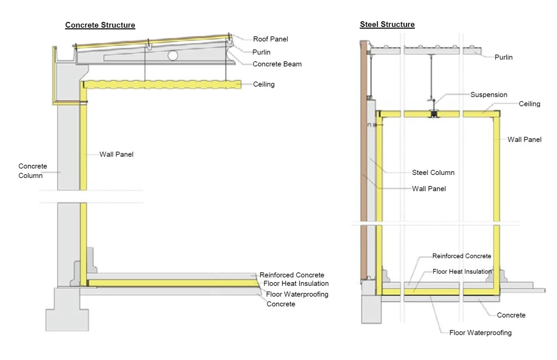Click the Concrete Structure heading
click(100, 25)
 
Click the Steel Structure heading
click(387, 24)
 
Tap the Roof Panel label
click(270, 39)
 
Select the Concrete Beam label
click(277, 64)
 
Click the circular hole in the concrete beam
click(173, 55)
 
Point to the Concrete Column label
click(33, 171)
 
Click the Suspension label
click(488, 95)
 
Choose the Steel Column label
click(433, 173)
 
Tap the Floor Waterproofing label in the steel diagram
click(480, 333)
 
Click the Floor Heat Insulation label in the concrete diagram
click(296, 284)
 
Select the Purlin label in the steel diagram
click(503, 57)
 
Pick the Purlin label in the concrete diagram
click(261, 52)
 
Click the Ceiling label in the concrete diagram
click(264, 84)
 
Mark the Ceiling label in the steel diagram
click(529, 104)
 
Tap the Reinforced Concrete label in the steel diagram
click(462, 256)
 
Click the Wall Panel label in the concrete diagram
click(116, 154)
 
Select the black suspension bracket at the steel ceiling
click(433, 113)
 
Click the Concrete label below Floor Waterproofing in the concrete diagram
click(281, 304)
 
